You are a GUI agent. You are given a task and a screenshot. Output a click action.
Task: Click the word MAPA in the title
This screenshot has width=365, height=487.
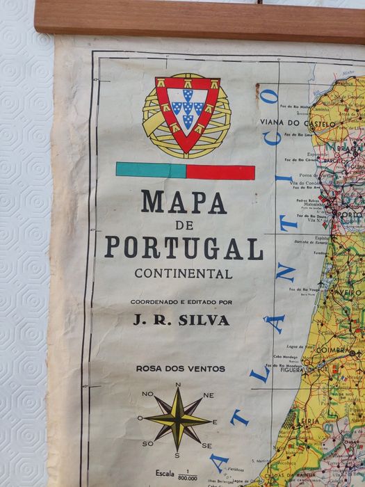tap(184, 202)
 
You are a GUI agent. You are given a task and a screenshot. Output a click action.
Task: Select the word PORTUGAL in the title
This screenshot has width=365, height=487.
tap(184, 248)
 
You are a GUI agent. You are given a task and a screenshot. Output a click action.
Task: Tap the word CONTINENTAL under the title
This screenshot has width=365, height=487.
tap(184, 273)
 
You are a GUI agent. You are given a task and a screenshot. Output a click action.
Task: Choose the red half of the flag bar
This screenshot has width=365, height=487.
tap(220, 171)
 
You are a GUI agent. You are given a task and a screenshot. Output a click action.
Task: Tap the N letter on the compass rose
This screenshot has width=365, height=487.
tap(179, 385)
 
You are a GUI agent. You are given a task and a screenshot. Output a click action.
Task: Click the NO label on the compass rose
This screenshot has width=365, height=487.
tap(147, 394)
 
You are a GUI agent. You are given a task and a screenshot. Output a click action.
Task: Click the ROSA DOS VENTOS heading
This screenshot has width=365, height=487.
tap(181, 368)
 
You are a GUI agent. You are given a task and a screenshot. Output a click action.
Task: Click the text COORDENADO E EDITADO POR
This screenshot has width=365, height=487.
tap(181, 302)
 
